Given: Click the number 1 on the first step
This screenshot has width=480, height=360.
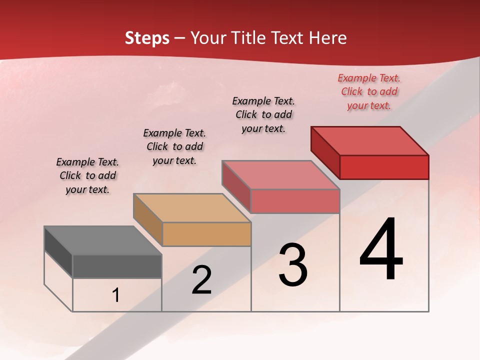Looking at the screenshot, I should [x=116, y=295].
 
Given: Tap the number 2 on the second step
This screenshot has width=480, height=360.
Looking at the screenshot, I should [x=201, y=280].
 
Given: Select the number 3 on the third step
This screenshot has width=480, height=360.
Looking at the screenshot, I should [x=293, y=265].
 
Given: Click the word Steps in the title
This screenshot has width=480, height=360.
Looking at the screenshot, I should [x=147, y=38].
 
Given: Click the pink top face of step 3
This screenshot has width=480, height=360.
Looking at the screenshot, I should [x=280, y=175].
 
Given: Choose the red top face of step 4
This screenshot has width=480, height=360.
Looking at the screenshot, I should [x=369, y=140].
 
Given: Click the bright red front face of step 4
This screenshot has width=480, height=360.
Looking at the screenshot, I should [x=384, y=167].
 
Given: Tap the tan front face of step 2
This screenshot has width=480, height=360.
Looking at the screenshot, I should [x=206, y=234].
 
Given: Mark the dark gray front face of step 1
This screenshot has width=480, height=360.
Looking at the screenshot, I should [x=117, y=266].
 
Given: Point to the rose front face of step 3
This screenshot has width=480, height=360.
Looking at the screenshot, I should [x=295, y=201].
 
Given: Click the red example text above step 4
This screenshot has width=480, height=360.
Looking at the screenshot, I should [x=369, y=91].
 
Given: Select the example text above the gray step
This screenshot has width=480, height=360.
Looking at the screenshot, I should [x=87, y=175].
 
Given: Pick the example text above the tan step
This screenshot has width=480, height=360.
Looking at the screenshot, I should [x=174, y=146].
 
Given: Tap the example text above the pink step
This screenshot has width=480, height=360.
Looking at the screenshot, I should [x=263, y=114].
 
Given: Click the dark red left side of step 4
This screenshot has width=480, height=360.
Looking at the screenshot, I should [x=325, y=152].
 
